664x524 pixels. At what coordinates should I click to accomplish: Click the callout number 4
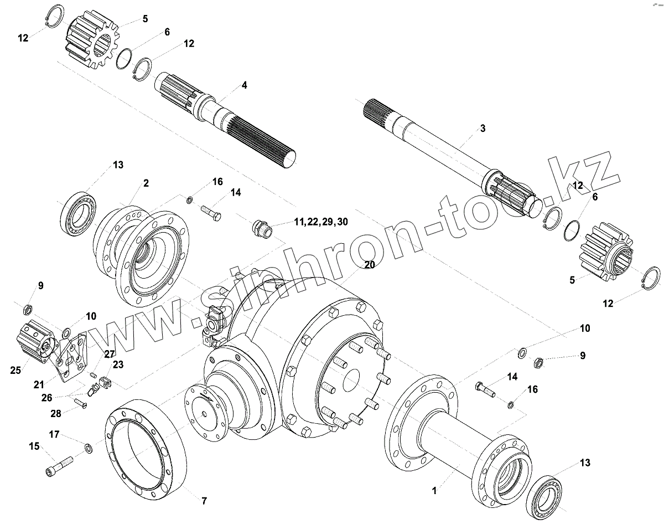coord(244,85)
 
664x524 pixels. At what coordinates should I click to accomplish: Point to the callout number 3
coord(483,129)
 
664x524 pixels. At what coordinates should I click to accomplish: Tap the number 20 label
coord(370,265)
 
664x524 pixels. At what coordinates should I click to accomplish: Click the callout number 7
coord(204,501)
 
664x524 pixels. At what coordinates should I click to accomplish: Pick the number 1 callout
coord(434,490)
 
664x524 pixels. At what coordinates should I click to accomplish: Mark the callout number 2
coord(146,182)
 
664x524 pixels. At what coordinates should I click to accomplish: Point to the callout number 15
coord(34,446)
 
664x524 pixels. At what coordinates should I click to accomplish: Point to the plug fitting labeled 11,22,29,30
coord(261,228)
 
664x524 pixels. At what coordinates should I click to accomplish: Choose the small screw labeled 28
coord(84,404)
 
